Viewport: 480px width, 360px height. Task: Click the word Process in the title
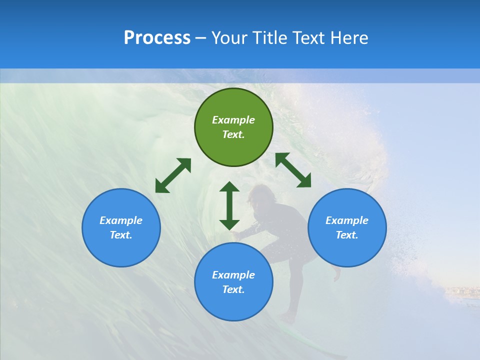157,38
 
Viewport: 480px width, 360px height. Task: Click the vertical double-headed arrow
229,205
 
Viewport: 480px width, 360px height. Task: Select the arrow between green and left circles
173,175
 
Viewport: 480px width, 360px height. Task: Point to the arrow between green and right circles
293,170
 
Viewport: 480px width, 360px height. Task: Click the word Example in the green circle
233,120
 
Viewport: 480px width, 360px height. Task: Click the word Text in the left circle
121,235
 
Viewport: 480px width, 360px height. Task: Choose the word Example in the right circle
347,220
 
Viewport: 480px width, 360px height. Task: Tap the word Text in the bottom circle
233,289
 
